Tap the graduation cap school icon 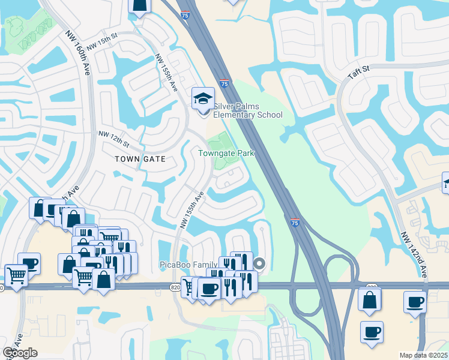click(203, 98)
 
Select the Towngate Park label click(226, 153)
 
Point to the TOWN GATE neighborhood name click(139, 159)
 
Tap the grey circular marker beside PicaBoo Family click(259, 263)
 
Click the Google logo click(20, 353)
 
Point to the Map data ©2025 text click(423, 356)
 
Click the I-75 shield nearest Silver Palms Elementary click(224, 85)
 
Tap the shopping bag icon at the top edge click(139, 5)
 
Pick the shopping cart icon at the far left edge click(16, 276)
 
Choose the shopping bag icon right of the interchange click(370, 299)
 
